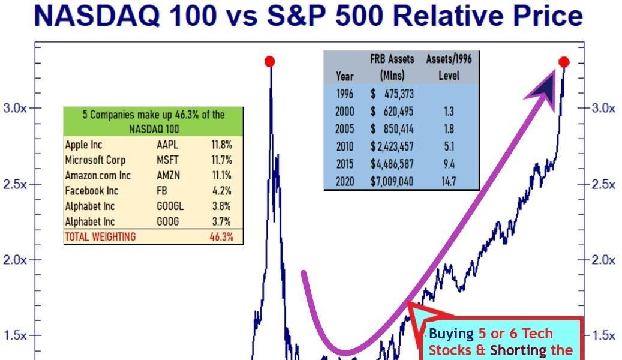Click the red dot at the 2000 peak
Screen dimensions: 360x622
(x=270, y=61)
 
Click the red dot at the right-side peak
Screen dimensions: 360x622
(x=564, y=62)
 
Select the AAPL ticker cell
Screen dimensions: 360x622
(x=167, y=145)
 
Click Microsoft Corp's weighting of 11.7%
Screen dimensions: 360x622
(x=221, y=160)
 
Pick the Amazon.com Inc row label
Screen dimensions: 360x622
(x=94, y=176)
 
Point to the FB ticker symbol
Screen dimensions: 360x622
(x=163, y=191)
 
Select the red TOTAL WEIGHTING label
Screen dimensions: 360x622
(x=100, y=236)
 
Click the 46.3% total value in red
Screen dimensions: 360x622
(x=220, y=236)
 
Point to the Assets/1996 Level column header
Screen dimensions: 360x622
(x=447, y=67)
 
